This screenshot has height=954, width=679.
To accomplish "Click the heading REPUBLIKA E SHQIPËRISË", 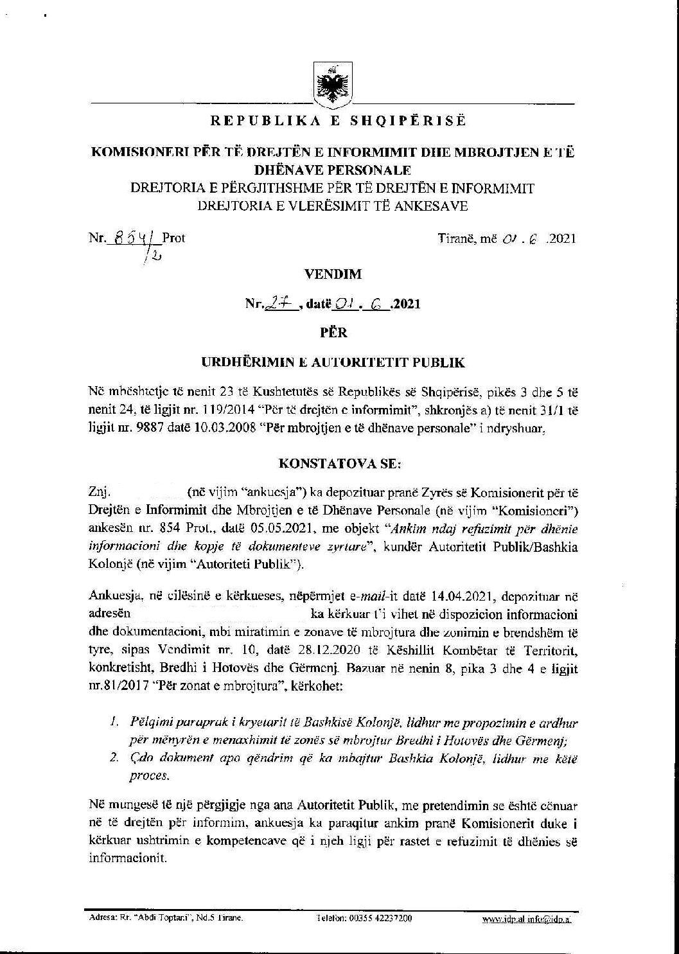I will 339,121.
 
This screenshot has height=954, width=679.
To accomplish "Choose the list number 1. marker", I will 113,722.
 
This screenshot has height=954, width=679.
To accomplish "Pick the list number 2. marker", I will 113,758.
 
